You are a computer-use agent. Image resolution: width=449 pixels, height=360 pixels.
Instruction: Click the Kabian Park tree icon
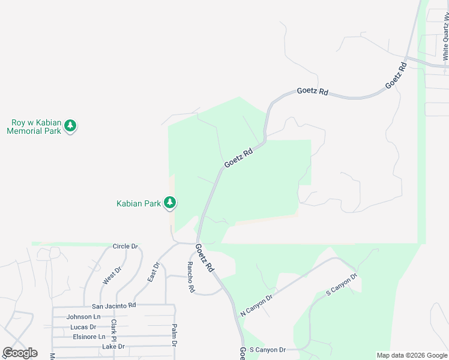point(170,203)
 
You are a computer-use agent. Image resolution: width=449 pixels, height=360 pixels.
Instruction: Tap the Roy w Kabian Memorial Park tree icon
point(71,126)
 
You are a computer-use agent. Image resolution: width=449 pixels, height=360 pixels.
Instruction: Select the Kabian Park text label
point(138,203)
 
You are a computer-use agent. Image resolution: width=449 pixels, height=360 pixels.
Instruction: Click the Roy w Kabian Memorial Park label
point(34,127)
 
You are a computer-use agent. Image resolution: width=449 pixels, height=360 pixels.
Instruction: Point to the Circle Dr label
point(125,246)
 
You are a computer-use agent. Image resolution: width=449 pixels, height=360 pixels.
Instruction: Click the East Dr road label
point(152,272)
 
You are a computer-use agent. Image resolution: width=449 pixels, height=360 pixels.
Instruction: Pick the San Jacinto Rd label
point(110,305)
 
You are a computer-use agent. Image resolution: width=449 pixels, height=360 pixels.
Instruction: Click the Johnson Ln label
point(83,317)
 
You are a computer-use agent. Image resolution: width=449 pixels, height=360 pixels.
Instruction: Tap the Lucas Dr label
point(83,327)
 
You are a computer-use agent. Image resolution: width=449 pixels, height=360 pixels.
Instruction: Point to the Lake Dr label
point(113,346)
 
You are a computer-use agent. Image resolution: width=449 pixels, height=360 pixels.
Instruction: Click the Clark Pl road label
point(113,331)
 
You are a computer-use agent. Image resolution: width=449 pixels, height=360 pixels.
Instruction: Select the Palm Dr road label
point(174,336)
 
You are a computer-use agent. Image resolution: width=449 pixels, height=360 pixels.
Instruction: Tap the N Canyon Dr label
point(256,305)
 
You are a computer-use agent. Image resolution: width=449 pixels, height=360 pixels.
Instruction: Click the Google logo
point(20,353)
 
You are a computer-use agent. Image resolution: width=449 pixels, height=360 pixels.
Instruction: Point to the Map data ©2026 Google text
point(411,355)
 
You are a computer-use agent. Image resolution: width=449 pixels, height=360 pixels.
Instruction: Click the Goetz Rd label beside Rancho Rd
point(205,258)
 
